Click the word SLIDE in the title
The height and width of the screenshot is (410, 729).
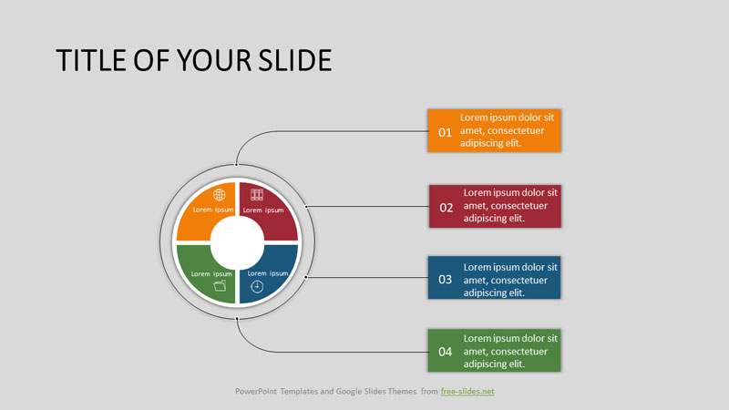pos(295,60)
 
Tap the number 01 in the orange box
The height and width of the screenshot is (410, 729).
pos(445,132)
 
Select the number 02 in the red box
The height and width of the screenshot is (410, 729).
pos(447,208)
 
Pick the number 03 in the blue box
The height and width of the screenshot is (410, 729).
pos(445,280)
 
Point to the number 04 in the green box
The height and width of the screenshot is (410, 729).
pos(445,352)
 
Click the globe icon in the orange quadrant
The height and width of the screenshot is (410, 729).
pos(219,195)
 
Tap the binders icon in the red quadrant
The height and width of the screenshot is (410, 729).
pos(257,195)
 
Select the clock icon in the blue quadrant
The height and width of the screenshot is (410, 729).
pos(257,287)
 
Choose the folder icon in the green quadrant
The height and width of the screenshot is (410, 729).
pos(220,285)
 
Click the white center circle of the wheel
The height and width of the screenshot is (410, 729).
pos(237,242)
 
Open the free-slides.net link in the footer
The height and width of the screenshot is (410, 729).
pos(467,392)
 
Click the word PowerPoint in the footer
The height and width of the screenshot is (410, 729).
pos(256,392)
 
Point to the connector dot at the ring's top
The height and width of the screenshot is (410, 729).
pos(237,165)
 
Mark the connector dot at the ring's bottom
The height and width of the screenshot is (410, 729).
pos(237,319)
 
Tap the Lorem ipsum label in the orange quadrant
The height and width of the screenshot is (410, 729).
pos(213,210)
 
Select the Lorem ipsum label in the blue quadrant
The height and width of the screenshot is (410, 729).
pos(268,273)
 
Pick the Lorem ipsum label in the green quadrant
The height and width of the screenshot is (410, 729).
pos(211,274)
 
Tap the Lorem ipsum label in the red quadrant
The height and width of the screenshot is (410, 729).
pos(263,210)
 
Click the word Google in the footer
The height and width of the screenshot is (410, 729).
pos(349,392)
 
